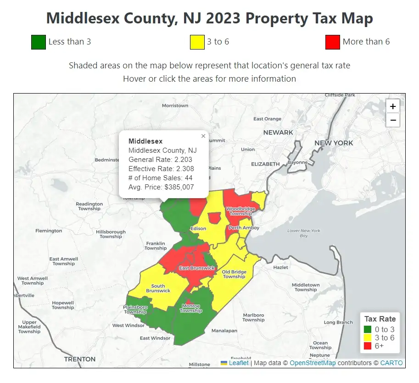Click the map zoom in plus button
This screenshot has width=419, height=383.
pyautogui.click(x=393, y=106)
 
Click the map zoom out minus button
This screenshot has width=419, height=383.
pyautogui.click(x=393, y=120)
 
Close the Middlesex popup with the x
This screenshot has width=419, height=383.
pyautogui.click(x=203, y=136)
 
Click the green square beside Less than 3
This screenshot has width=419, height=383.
pyautogui.click(x=39, y=42)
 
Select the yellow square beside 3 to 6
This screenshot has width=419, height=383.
pyautogui.click(x=197, y=42)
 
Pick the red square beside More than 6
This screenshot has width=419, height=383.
pyautogui.click(x=332, y=42)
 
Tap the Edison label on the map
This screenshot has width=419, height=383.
pyautogui.click(x=198, y=228)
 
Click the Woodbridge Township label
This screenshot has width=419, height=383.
pyautogui.click(x=240, y=211)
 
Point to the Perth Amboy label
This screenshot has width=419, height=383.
pyautogui.click(x=244, y=228)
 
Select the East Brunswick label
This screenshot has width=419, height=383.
pyautogui.click(x=197, y=268)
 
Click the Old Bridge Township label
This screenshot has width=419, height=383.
pyautogui.click(x=234, y=274)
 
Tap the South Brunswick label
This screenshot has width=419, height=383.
pyautogui.click(x=158, y=289)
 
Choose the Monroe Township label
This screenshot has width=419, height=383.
pyautogui.click(x=190, y=308)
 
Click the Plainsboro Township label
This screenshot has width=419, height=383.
pyautogui.click(x=135, y=310)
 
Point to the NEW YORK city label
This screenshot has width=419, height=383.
pyautogui.click(x=334, y=143)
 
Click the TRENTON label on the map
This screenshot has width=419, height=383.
pyautogui.click(x=80, y=359)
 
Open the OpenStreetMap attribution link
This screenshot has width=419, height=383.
pyautogui.click(x=313, y=363)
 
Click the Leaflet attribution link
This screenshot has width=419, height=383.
pyautogui.click(x=239, y=363)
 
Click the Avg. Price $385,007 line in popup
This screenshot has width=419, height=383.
pyautogui.click(x=161, y=187)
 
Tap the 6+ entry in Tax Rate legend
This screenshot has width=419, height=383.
pyautogui.click(x=379, y=346)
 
